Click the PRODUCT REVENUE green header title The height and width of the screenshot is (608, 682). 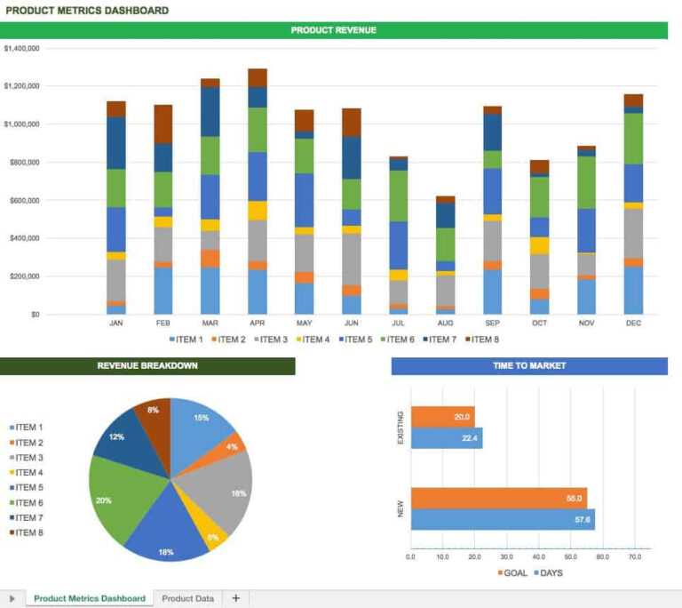coord(333,30)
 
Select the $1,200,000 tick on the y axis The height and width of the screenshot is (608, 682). coord(22,86)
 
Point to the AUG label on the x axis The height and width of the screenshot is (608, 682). coord(446,324)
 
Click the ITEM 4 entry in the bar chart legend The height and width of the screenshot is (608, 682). coord(313,340)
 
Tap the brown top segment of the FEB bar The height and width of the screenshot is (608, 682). coord(163,124)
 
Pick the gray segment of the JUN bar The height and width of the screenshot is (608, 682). coord(352,259)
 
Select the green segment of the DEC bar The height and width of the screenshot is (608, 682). coord(633,138)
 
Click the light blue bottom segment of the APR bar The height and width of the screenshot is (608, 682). coord(258,292)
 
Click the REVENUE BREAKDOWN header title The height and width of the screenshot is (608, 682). coord(147,365)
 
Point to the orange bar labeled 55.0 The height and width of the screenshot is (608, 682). coord(498,499)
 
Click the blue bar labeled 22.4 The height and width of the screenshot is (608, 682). coord(446,437)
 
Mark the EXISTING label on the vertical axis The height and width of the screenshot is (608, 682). coord(400,427)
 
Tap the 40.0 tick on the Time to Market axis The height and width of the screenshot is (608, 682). coord(538,557)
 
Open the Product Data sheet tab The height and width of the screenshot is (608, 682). coord(187,598)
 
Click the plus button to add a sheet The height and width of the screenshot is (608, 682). coord(235,598)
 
